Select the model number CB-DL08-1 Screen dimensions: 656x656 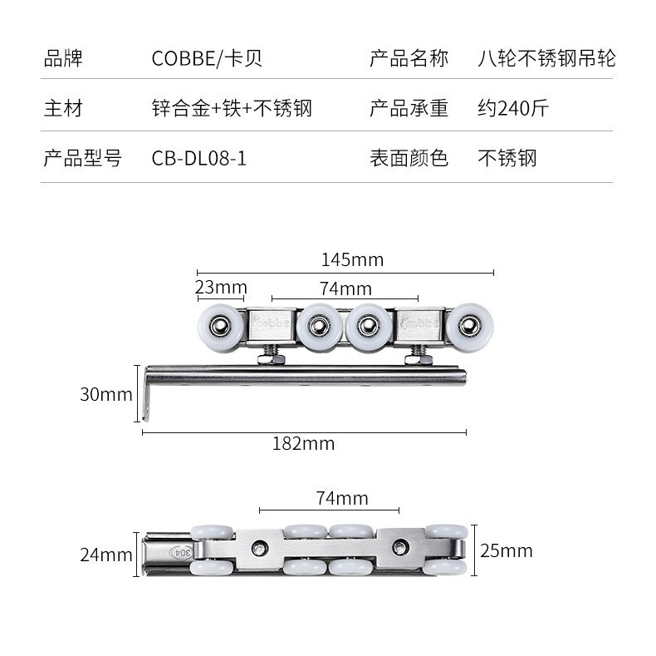point(199,158)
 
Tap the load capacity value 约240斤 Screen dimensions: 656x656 point(513,108)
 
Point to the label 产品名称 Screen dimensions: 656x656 point(409,59)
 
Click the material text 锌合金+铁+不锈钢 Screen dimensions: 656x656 point(232,108)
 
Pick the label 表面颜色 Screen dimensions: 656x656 point(409,158)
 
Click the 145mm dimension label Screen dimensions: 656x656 point(352,259)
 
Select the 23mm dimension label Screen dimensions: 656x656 point(221,288)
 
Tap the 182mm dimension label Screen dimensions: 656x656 point(303,444)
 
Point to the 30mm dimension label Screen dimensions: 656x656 point(105,394)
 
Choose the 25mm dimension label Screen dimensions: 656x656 point(507,550)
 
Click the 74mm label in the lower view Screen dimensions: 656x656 point(342,498)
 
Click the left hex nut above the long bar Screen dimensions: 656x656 point(272,358)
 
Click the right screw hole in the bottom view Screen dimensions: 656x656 point(401,547)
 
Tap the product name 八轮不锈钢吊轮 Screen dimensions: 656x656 point(547,59)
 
